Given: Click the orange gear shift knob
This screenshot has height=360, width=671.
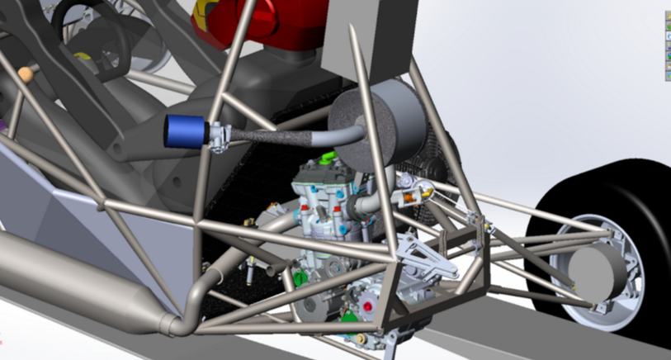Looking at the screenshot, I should pos(26,73).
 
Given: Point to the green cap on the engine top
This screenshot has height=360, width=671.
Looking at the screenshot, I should pos(329,155).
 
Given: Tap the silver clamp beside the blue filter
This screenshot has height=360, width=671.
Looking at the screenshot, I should pos(220,137).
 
